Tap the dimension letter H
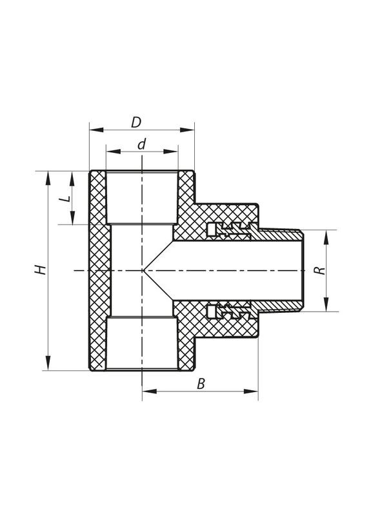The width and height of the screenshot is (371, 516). [x=41, y=270]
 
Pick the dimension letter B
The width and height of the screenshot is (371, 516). [x=201, y=383]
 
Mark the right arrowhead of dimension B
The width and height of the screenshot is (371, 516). [x=254, y=392]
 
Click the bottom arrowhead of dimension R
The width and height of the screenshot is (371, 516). [x=326, y=307]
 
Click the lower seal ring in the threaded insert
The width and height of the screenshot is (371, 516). [x=213, y=312]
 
